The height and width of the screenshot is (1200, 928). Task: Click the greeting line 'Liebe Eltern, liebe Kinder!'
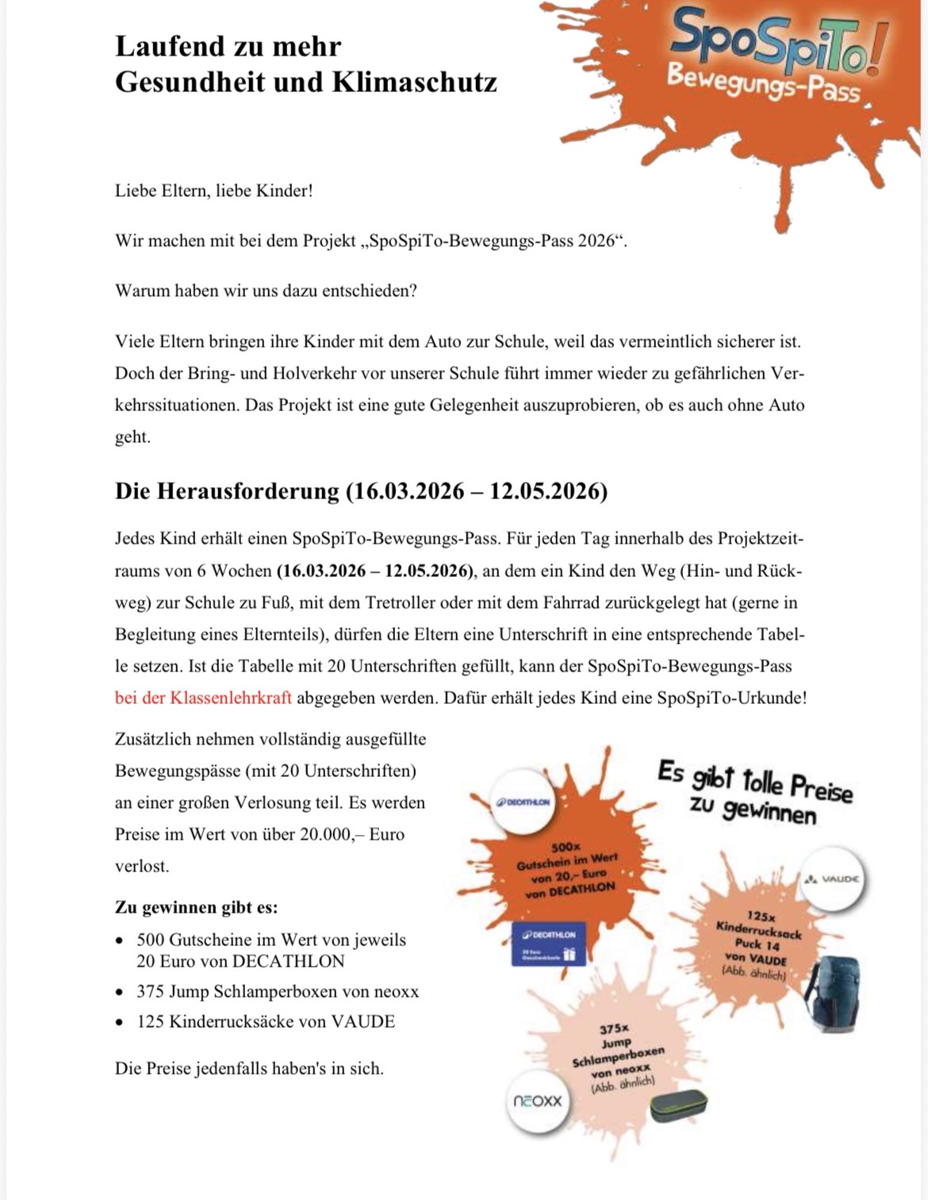click(214, 190)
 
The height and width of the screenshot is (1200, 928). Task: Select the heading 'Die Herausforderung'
click(227, 491)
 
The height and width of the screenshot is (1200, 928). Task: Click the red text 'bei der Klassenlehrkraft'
click(203, 698)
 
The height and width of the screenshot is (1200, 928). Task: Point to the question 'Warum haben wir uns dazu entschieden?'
click(266, 290)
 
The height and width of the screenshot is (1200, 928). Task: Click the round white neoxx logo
click(537, 1101)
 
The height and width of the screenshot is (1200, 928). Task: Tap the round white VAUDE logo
click(832, 879)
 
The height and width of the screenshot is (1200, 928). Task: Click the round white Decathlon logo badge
click(523, 802)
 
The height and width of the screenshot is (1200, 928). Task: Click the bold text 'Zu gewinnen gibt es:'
click(196, 907)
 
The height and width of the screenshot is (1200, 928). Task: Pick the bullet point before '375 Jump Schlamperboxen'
click(119, 992)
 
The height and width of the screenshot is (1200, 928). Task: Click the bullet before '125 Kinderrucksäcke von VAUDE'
click(119, 1022)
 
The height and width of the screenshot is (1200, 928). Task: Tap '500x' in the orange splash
click(566, 848)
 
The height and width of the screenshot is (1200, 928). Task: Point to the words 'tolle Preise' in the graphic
click(797, 787)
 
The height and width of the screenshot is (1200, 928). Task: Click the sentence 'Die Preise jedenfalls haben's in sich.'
click(249, 1068)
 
